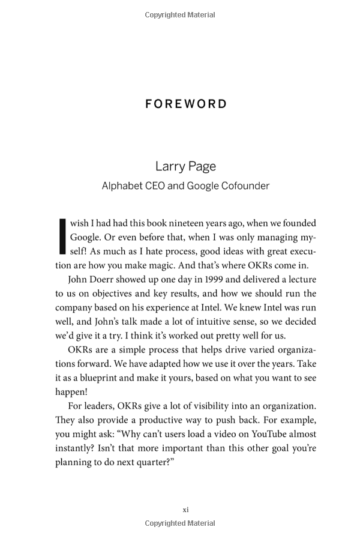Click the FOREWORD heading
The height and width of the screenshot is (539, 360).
186,104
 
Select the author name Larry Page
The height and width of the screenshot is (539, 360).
185,166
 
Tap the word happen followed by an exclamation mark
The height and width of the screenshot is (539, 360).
72,392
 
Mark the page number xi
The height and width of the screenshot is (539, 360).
185,510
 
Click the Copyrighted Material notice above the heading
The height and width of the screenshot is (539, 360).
180,14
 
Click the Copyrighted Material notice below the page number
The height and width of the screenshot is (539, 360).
180,523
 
